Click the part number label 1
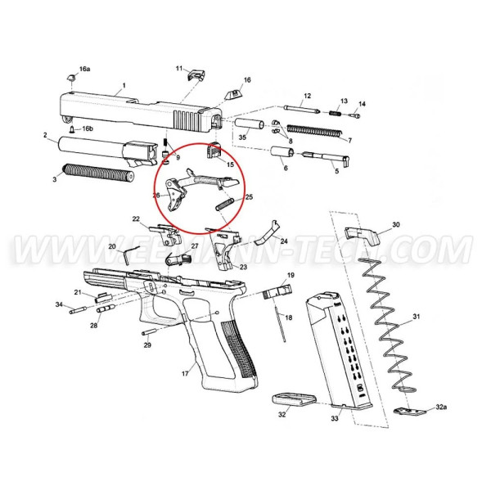tap(124, 85)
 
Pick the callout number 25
tap(249, 196)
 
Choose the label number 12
tap(307, 97)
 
